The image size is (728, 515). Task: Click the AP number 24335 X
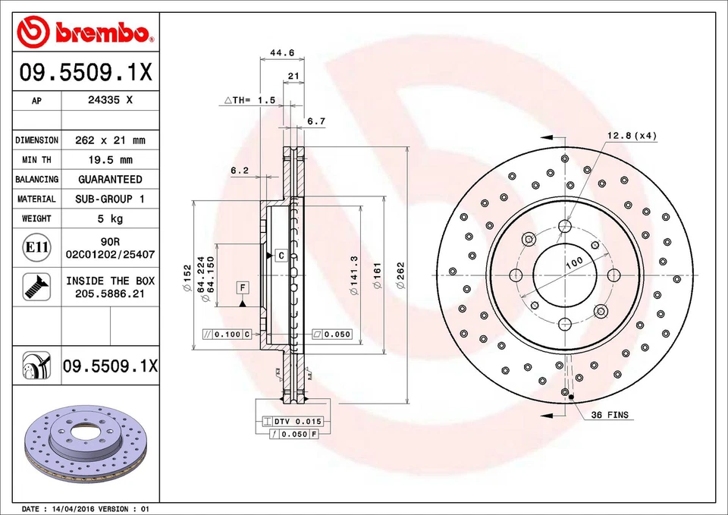pyautogui.click(x=110, y=100)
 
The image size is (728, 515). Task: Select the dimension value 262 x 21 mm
pyautogui.click(x=110, y=140)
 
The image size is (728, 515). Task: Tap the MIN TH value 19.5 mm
pyautogui.click(x=110, y=160)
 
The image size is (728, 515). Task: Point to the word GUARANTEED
pyautogui.click(x=110, y=180)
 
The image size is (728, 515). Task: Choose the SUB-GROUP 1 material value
pyautogui.click(x=110, y=199)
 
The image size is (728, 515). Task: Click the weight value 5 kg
pyautogui.click(x=110, y=218)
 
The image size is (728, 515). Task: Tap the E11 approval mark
pyautogui.click(x=36, y=247)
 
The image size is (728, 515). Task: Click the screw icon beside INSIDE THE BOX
pyautogui.click(x=36, y=286)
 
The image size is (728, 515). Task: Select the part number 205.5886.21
pyautogui.click(x=110, y=294)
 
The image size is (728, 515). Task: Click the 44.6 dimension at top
pyautogui.click(x=282, y=52)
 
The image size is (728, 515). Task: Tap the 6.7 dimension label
pyautogui.click(x=316, y=121)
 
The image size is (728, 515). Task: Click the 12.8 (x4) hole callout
pyautogui.click(x=631, y=136)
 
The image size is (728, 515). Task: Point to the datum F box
pyautogui.click(x=243, y=287)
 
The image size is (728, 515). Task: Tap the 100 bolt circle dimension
pyautogui.click(x=575, y=262)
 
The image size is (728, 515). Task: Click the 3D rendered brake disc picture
pyautogui.click(x=85, y=446)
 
